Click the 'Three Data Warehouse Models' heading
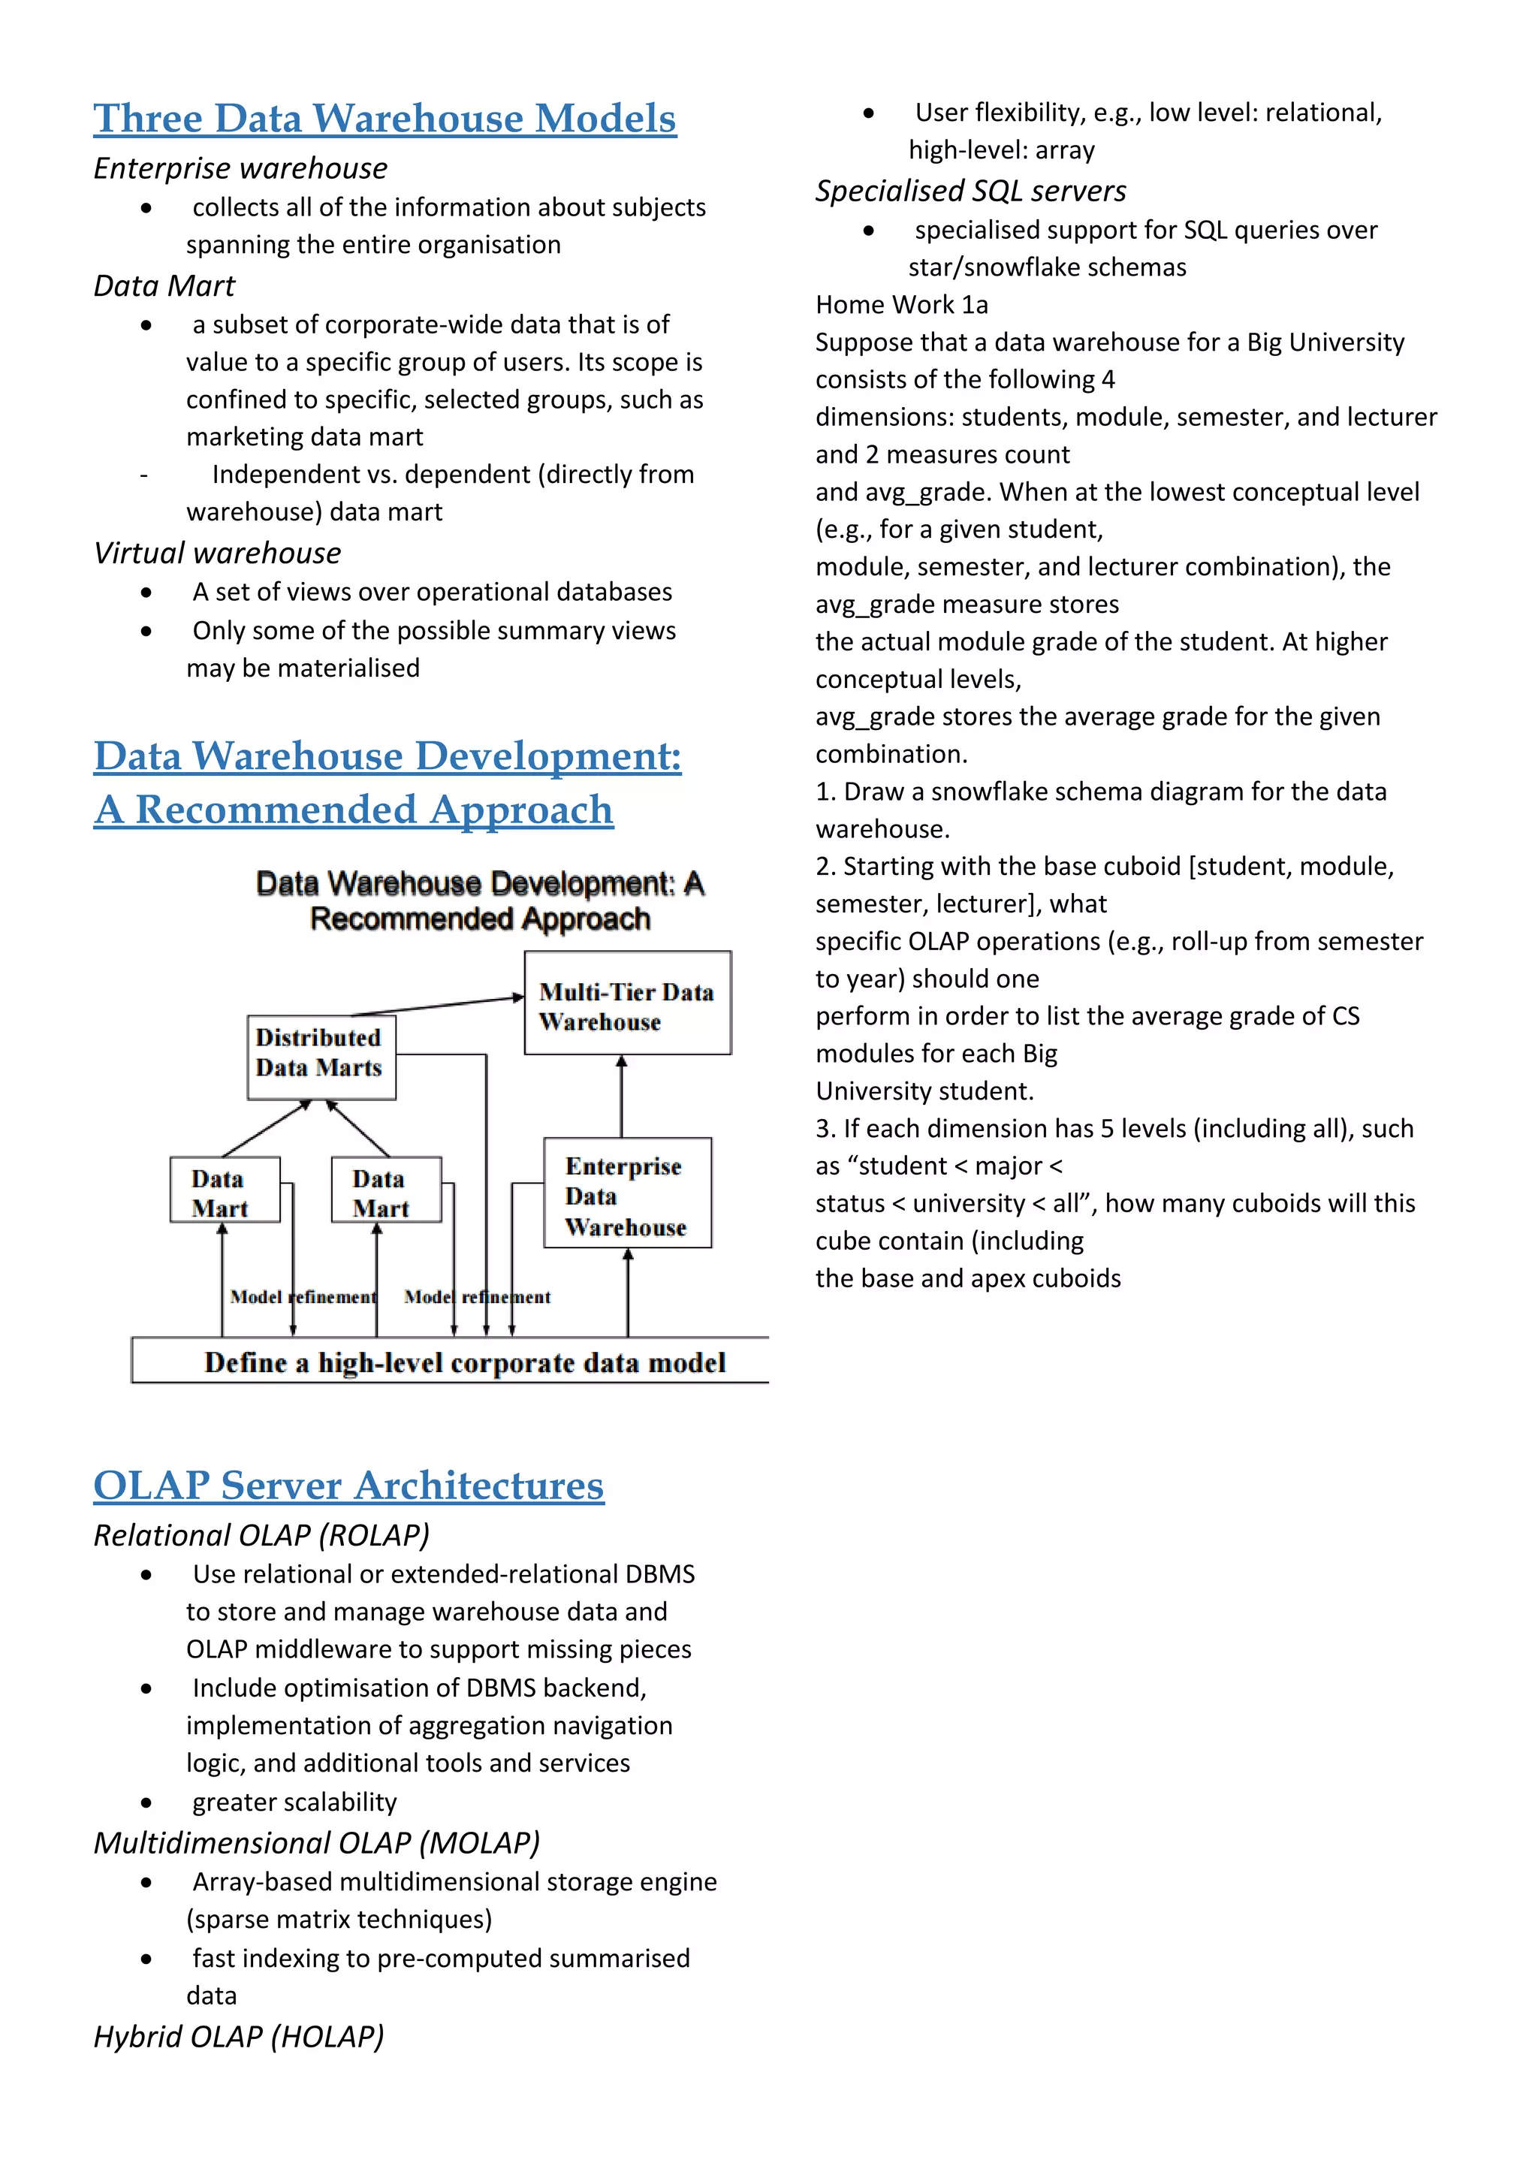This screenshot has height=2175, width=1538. (384, 119)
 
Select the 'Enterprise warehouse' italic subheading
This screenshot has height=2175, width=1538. (240, 169)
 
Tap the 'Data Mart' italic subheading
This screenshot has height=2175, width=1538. (164, 286)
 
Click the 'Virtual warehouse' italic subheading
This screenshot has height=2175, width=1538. (217, 554)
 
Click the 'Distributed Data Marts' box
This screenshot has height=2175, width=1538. (321, 1057)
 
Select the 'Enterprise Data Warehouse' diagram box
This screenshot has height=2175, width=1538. (627, 1193)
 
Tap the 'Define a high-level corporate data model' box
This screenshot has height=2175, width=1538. (464, 1362)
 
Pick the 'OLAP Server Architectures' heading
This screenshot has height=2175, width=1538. (348, 1486)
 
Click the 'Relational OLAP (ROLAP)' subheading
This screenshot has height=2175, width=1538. (261, 1536)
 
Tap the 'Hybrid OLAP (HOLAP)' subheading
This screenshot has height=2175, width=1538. (239, 2037)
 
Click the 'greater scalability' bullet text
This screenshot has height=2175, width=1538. (294, 1802)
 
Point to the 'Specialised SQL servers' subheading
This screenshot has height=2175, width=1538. (971, 192)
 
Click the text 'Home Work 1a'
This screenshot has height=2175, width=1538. (902, 305)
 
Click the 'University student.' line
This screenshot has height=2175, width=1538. (924, 1091)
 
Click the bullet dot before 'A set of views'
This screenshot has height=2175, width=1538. (146, 593)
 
